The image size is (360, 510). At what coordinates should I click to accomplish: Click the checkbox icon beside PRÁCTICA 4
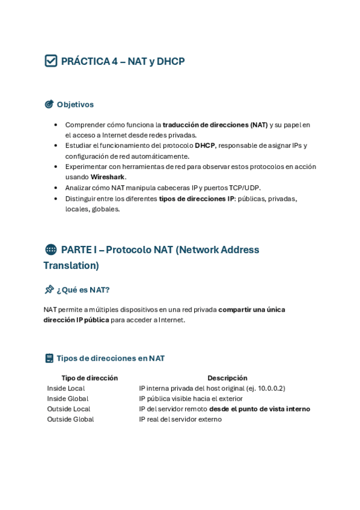coord(51,61)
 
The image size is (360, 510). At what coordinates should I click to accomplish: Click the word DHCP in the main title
coord(171,61)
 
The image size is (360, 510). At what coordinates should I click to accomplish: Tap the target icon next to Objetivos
coord(49,104)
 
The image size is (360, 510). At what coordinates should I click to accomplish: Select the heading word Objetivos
coord(75,105)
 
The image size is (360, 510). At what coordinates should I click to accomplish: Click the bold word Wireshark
coord(108,177)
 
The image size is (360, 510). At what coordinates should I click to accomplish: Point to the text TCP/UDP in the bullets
coord(245,188)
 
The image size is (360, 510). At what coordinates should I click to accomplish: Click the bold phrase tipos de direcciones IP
coord(197,198)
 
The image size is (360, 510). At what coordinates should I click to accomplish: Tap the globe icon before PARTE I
coord(51,250)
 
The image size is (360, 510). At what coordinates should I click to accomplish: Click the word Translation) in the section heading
coord(71,265)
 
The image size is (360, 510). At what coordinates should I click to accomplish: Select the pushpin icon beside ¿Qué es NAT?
coord(49,289)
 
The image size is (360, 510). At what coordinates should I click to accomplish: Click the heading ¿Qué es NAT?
coord(83,290)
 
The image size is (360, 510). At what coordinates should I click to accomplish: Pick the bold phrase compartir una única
coord(251,310)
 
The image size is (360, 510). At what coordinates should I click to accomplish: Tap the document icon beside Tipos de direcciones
coord(49,358)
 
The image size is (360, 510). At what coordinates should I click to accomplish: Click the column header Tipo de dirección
coord(90,378)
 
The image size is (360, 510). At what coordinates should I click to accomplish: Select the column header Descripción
coord(227,378)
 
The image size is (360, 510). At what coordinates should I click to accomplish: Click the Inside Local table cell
coord(66,389)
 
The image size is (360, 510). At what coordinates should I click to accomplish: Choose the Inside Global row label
coord(68,399)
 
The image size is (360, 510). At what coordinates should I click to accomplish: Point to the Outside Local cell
coord(69,409)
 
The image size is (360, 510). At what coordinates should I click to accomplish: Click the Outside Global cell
coord(71,419)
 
